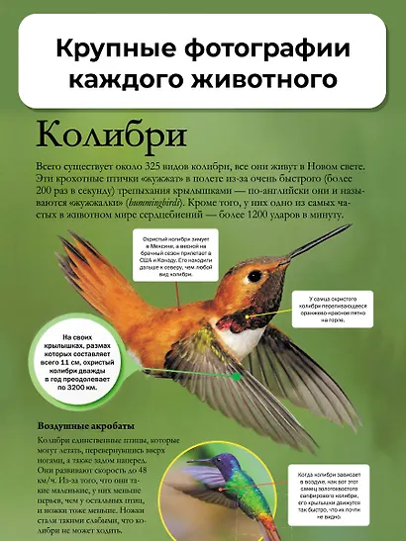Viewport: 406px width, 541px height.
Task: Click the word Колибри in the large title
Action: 95,132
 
